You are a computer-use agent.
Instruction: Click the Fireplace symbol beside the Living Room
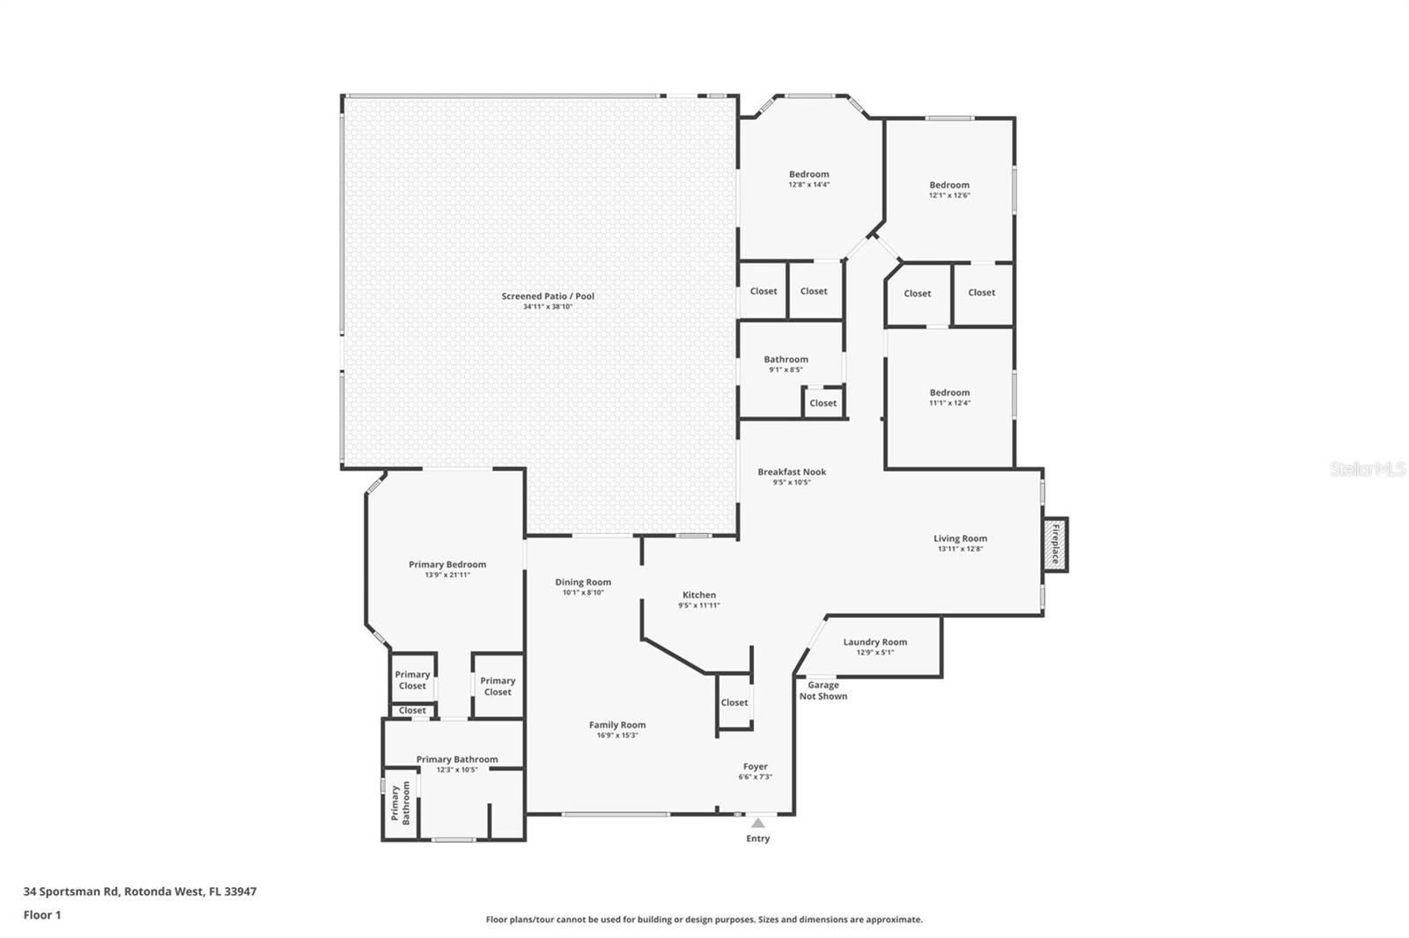point(1055,544)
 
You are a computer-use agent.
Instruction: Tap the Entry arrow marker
point(757,824)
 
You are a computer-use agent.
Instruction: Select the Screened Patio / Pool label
point(548,297)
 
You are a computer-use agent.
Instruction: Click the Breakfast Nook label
point(792,473)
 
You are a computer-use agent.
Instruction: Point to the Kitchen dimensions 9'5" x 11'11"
point(699,605)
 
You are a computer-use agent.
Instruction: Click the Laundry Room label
point(874,642)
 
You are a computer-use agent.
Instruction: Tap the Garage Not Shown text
point(823,691)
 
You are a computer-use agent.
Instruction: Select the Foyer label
point(755,767)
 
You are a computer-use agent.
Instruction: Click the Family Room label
point(617,726)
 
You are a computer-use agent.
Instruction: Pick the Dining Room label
point(583,583)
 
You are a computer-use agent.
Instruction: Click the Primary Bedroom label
point(447,565)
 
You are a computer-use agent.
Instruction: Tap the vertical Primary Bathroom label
point(400,803)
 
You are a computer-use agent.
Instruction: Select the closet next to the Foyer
point(734,703)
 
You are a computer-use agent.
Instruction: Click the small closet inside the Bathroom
point(823,404)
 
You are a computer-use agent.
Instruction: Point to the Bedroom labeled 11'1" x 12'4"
point(949,393)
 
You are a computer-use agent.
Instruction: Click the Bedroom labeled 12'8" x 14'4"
point(808,175)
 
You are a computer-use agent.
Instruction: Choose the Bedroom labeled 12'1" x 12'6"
point(949,186)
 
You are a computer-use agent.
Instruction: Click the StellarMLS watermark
point(1367,470)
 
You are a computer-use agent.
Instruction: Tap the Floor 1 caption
point(42,915)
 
